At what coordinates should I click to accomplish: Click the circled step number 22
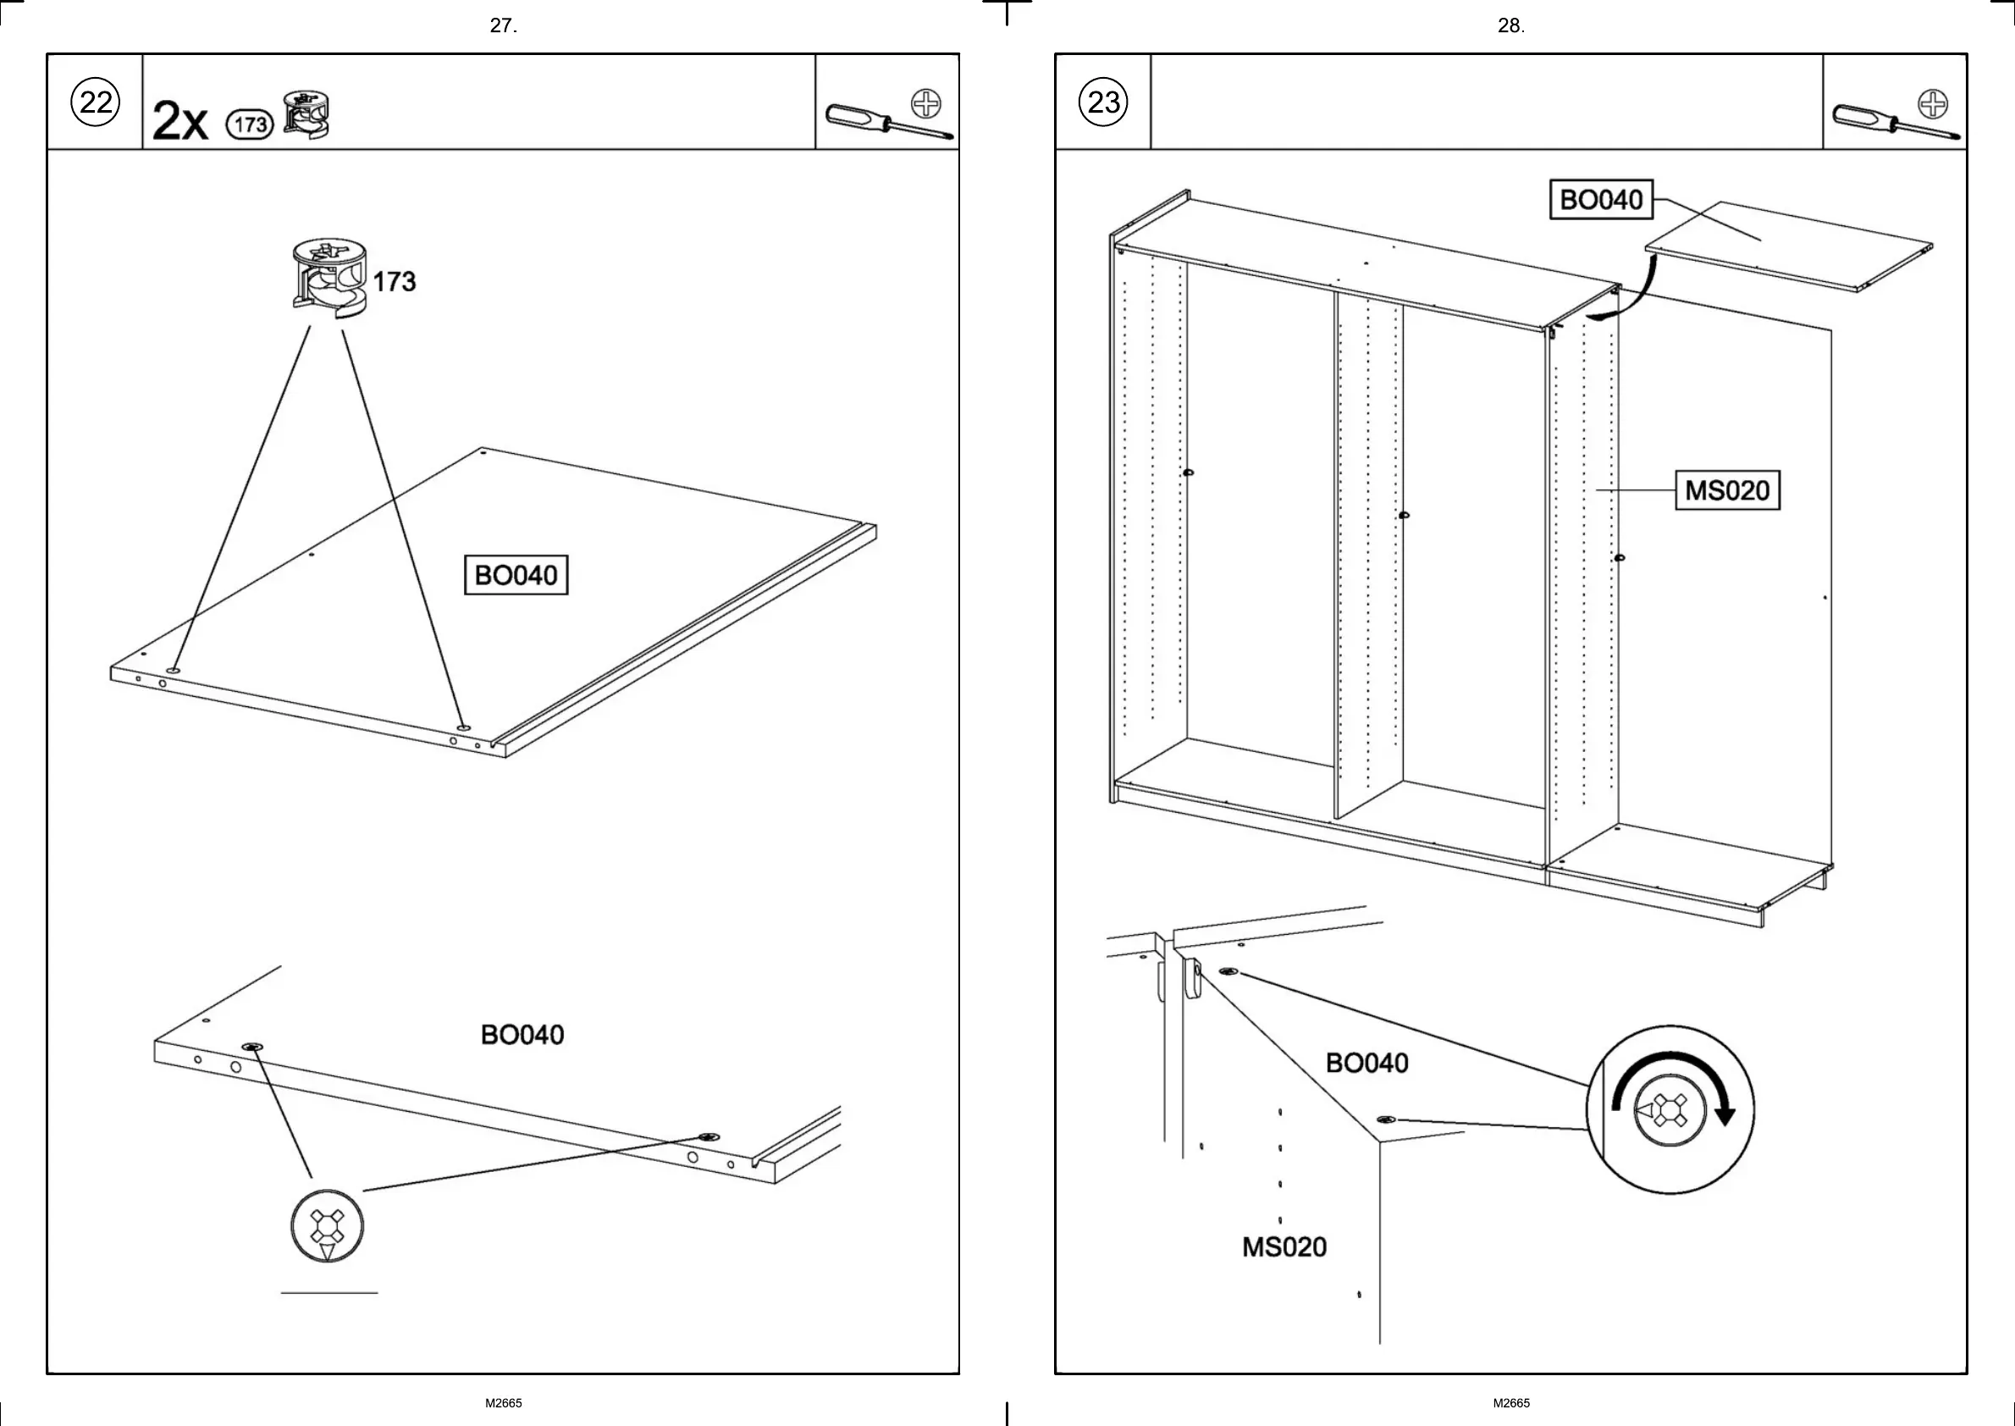click(96, 102)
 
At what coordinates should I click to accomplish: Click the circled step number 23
click(1104, 102)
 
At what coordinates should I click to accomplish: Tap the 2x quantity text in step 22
click(180, 122)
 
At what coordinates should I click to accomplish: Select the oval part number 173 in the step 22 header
click(251, 124)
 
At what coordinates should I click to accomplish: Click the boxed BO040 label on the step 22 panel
click(516, 575)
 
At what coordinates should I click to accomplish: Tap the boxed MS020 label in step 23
click(1727, 490)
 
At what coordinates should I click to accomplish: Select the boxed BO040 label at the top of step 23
click(1601, 200)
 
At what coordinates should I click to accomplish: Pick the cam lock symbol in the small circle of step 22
click(327, 1227)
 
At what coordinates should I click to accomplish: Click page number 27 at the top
click(503, 26)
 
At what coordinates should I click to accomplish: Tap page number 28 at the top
click(1511, 26)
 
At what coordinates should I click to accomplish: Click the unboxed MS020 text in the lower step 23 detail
click(1284, 1246)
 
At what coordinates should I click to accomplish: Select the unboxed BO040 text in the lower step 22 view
click(522, 1036)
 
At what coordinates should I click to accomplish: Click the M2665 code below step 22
click(504, 1403)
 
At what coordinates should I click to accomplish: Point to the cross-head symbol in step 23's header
click(1933, 103)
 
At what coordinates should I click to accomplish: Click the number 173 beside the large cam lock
click(395, 282)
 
